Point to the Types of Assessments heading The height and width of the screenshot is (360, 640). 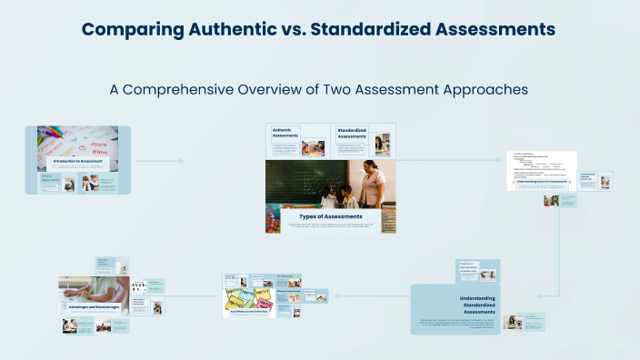[x=331, y=216]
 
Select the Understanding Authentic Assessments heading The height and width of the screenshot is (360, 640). [x=542, y=182]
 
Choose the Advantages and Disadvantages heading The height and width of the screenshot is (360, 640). [x=93, y=307]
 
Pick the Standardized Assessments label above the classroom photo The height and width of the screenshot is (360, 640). [x=352, y=134]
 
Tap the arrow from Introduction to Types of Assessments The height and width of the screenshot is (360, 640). [x=159, y=161]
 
